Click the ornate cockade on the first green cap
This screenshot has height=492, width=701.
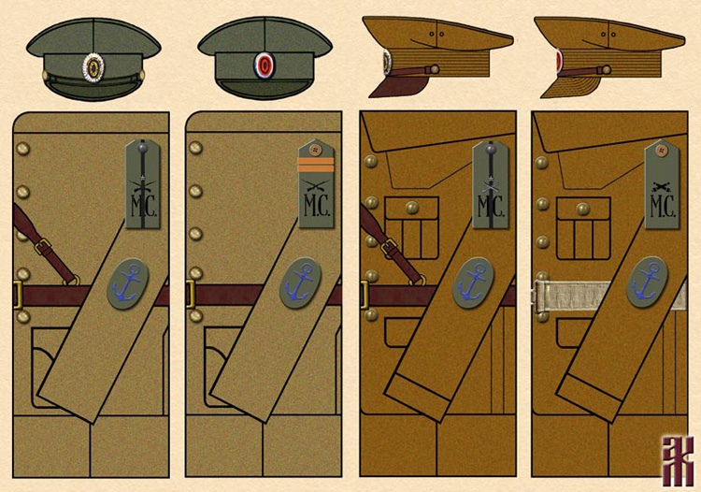[93, 66]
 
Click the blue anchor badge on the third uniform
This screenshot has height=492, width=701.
[474, 282]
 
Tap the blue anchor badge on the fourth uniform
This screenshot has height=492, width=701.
[648, 280]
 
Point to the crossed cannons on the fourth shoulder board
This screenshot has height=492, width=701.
[663, 188]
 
